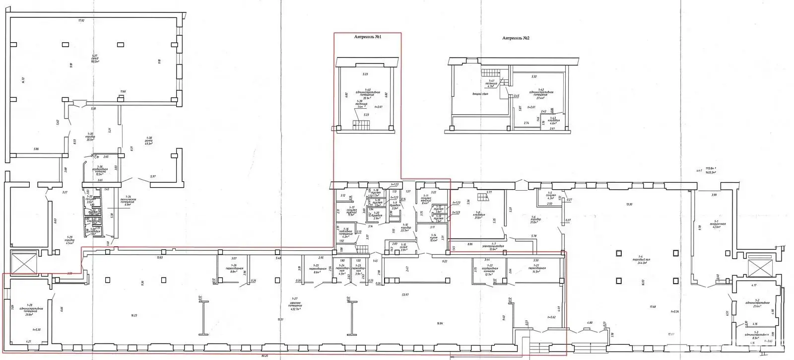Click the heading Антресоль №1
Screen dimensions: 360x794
[367, 37]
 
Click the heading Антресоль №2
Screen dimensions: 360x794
[516, 38]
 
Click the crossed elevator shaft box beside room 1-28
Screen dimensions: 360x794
[23, 262]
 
